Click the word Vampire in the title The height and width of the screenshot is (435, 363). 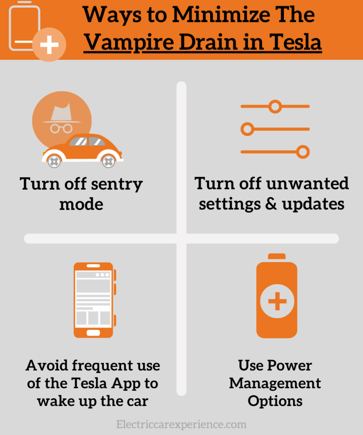[129, 42]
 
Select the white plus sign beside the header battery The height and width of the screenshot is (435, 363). [49, 45]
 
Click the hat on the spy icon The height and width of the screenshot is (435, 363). [62, 113]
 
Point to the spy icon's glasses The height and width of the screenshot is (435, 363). [61, 128]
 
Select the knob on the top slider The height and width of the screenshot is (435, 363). [275, 107]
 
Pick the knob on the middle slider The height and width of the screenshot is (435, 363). [247, 129]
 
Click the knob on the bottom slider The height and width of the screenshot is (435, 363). [303, 152]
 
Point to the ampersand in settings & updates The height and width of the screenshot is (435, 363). [271, 204]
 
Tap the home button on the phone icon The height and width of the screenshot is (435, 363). [93, 333]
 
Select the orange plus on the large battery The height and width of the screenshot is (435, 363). [277, 301]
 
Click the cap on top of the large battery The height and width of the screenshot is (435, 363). [277, 256]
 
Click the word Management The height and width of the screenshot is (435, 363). [275, 384]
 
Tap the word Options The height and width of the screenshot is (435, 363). [275, 401]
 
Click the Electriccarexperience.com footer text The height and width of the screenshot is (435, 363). [181, 424]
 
